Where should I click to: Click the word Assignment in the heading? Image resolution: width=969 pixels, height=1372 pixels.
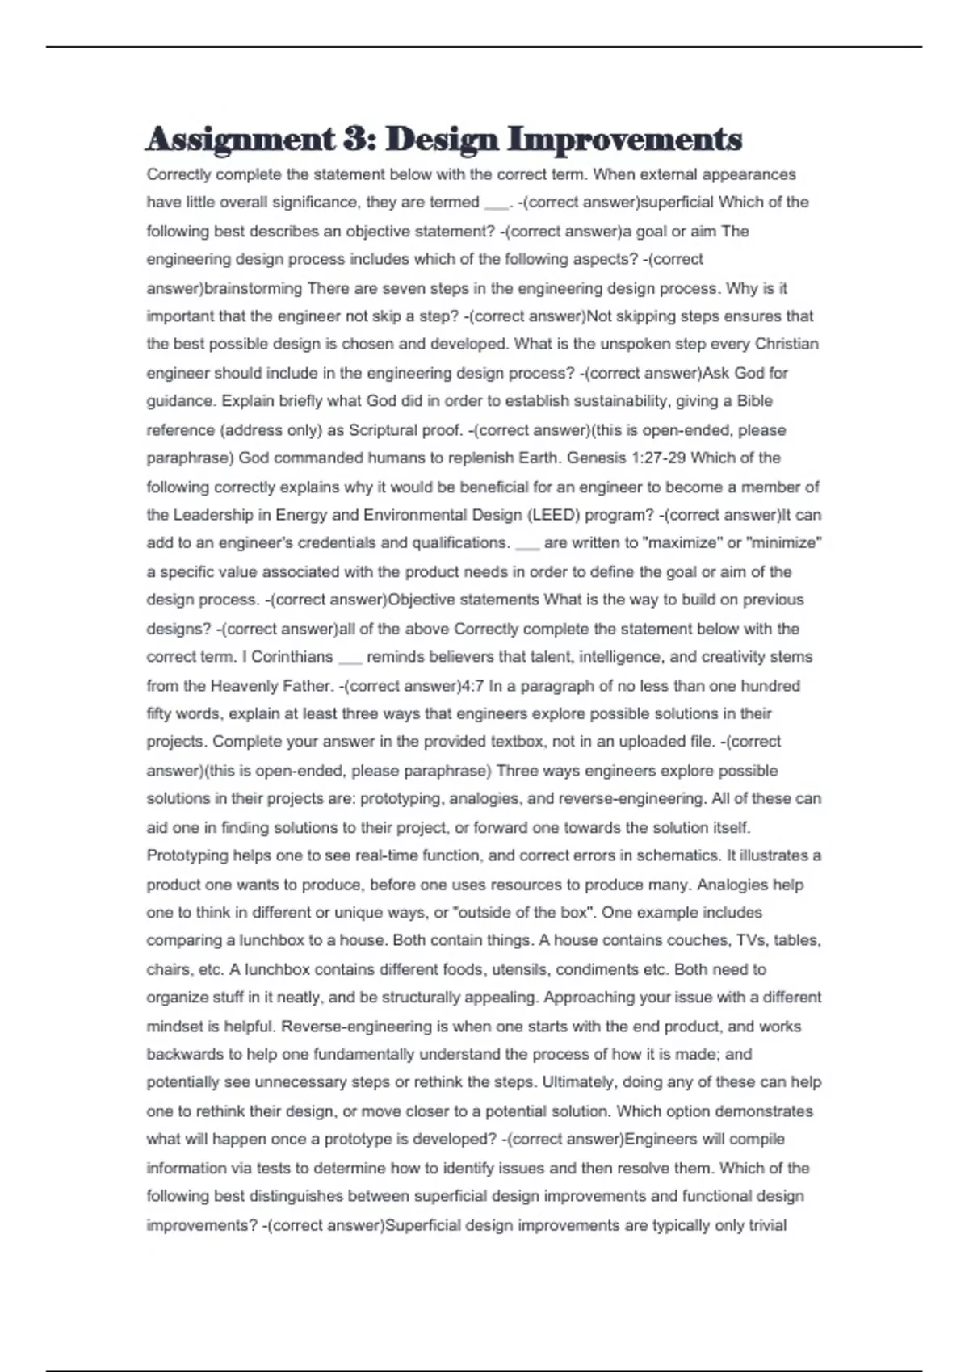point(240,140)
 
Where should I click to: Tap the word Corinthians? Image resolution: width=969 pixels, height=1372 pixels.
point(292,657)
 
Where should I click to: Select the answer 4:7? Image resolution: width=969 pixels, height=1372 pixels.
point(472,686)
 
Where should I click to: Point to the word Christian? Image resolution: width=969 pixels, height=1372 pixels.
point(787,345)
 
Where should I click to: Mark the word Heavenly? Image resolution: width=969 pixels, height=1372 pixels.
point(246,686)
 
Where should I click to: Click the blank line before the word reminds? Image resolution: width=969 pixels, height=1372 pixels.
point(350,660)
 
